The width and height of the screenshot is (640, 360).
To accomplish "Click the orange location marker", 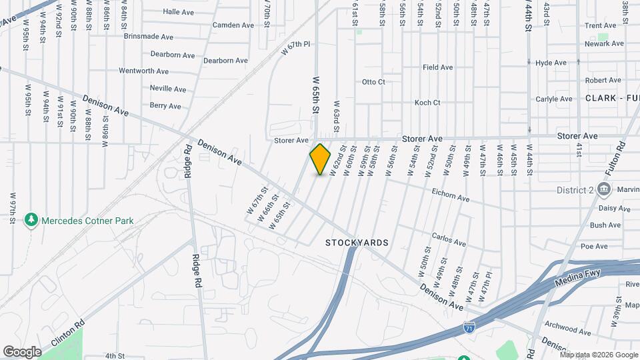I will click(320, 159).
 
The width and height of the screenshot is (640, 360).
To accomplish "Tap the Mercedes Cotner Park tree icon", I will click(30, 219).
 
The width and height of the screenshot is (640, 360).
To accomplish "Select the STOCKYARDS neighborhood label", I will click(357, 243).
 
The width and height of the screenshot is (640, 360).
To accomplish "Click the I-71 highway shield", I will click(469, 327).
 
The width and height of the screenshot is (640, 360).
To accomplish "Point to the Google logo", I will click(22, 351).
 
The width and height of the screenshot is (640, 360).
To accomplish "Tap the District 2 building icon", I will click(603, 190).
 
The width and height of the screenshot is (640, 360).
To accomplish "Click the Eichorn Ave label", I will click(451, 199).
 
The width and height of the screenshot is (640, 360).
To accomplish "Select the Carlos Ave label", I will click(449, 239).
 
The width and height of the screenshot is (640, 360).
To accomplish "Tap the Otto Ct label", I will click(373, 82).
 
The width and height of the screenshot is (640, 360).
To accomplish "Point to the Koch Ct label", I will click(427, 103).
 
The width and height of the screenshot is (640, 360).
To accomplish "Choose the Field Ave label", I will click(437, 67).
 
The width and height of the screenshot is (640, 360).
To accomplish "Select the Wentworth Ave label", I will click(143, 71).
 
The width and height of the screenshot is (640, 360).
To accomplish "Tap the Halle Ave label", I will click(178, 12).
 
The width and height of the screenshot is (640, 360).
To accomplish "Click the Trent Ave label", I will click(600, 25).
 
